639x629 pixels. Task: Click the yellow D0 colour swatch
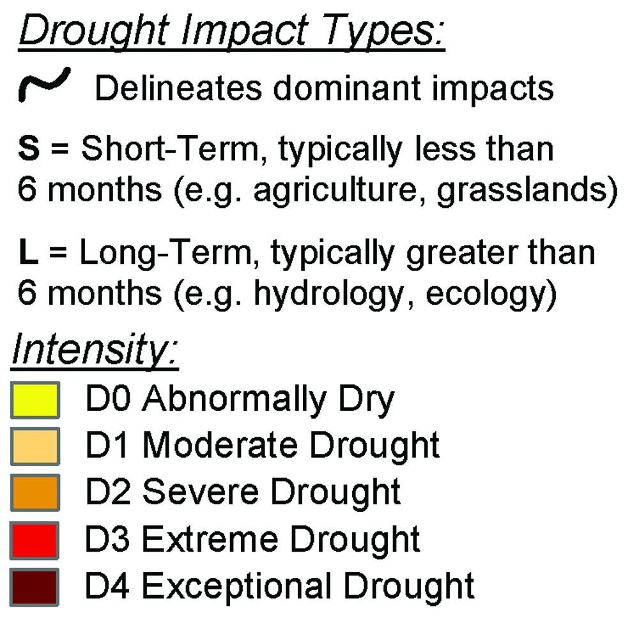pyautogui.click(x=35, y=400)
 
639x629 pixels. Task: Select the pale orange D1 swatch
pyautogui.click(x=35, y=446)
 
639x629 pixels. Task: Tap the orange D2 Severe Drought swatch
pyautogui.click(x=35, y=492)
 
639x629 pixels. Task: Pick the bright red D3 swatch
pyautogui.click(x=35, y=540)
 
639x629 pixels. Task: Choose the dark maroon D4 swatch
pyautogui.click(x=35, y=587)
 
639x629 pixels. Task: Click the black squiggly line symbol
pyautogui.click(x=44, y=84)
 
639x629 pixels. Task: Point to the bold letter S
pyautogui.click(x=29, y=148)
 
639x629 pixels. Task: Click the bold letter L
pyautogui.click(x=28, y=252)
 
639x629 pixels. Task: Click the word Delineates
pyautogui.click(x=178, y=88)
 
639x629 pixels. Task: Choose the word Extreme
pyautogui.click(x=210, y=540)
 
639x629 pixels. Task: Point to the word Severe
pyautogui.click(x=201, y=492)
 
